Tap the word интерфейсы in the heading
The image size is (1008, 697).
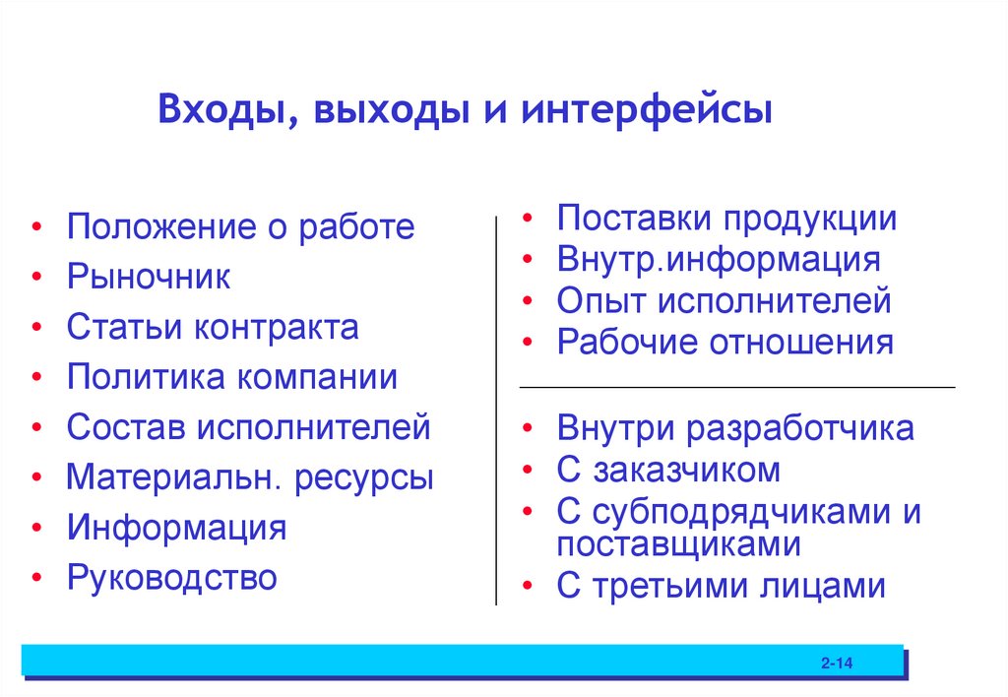(647, 108)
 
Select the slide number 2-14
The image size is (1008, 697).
(836, 666)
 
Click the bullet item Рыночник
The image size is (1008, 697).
(149, 278)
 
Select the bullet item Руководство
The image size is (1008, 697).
(172, 577)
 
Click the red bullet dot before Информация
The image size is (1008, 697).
(36, 529)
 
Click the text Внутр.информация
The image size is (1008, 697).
(719, 260)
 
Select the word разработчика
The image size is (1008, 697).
(801, 429)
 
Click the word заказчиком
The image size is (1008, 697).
(687, 471)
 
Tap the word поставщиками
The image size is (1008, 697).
(678, 543)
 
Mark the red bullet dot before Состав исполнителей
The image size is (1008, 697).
(36, 428)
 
